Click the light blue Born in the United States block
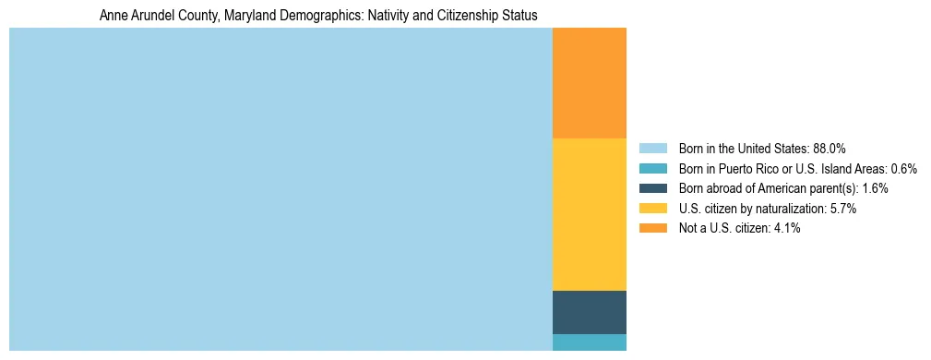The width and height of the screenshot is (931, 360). click(280, 189)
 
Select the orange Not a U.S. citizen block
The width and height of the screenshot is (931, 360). click(589, 83)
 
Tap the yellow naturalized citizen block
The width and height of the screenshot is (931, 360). click(589, 214)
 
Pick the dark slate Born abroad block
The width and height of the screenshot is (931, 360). click(589, 312)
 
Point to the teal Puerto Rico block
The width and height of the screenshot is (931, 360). click(589, 342)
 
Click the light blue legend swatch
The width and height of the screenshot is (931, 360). click(652, 149)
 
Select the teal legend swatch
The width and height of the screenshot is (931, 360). click(652, 169)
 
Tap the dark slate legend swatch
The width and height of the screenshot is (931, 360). click(652, 188)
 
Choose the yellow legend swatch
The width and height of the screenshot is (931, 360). click(652, 209)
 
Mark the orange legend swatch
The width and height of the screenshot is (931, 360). click(652, 229)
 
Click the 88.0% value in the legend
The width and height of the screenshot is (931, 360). click(830, 149)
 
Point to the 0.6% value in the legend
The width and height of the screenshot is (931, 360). click(903, 169)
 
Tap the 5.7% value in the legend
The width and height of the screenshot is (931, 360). click(843, 209)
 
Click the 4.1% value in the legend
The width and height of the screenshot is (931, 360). click(787, 229)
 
